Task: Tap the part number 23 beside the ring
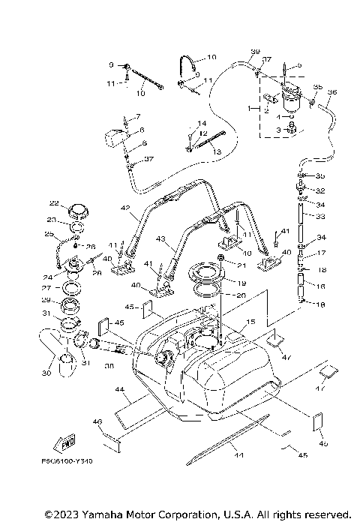(52, 220)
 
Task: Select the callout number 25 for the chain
(50, 235)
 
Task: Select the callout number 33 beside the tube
(321, 217)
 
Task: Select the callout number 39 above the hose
(254, 52)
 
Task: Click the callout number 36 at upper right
(332, 92)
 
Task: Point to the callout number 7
(137, 118)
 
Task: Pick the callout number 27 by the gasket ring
(46, 287)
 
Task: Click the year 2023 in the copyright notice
(63, 514)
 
